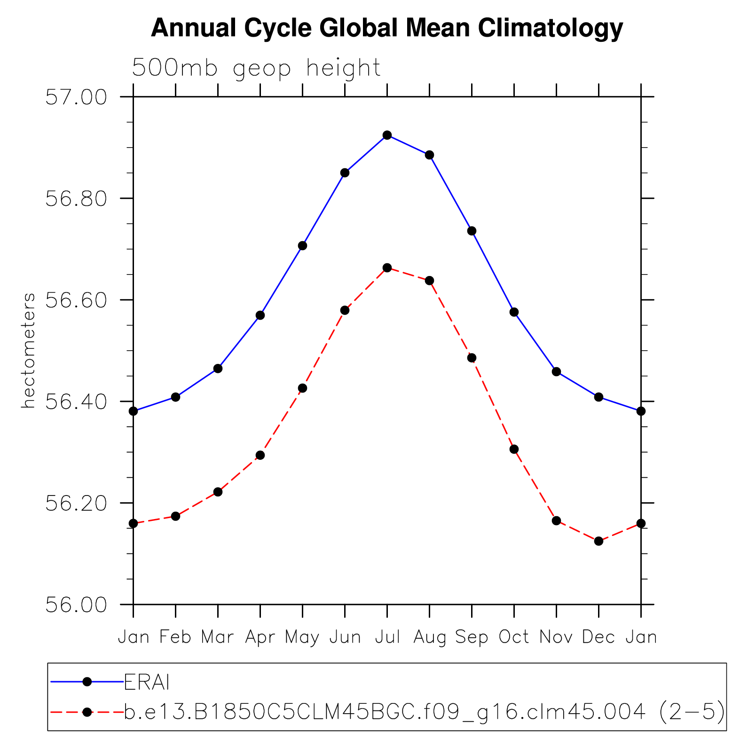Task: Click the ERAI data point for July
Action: [x=387, y=135]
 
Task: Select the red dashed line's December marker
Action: [x=598, y=541]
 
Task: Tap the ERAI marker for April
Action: [x=260, y=315]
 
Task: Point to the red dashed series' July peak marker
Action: [x=387, y=268]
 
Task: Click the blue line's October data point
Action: [x=514, y=312]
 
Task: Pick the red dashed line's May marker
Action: [x=302, y=388]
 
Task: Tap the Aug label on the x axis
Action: [x=430, y=638]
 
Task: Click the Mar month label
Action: [x=217, y=637]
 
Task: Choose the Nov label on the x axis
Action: [x=556, y=637]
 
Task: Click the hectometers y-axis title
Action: [x=28, y=350]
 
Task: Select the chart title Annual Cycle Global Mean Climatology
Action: [x=387, y=28]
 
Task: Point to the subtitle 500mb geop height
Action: [x=256, y=68]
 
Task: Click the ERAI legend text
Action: [x=147, y=682]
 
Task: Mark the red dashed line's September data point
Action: [x=472, y=358]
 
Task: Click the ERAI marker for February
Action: [x=175, y=397]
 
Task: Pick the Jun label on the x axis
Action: [x=345, y=637]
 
